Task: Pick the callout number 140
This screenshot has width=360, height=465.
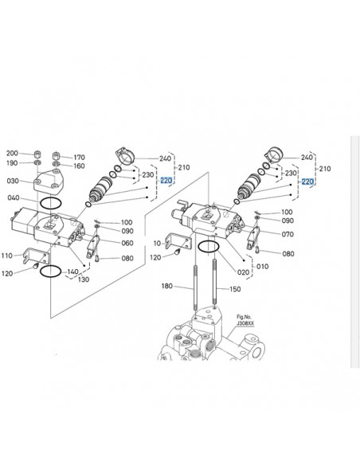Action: [73, 272]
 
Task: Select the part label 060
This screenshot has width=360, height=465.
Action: [127, 243]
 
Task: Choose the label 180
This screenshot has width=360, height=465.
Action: [166, 286]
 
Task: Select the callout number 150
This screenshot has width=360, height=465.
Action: [234, 290]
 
